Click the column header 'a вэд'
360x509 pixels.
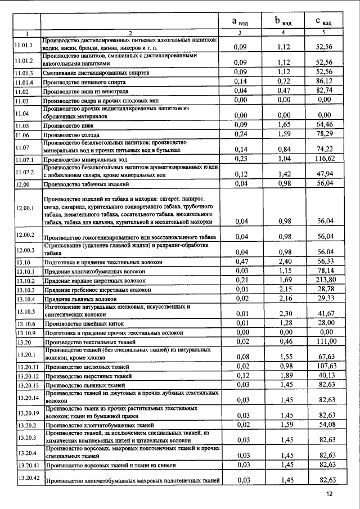[x=241, y=22]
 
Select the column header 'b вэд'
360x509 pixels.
[x=283, y=22]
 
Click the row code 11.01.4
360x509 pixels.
[x=24, y=82]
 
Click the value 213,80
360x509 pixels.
[x=325, y=280]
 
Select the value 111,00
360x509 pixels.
[x=325, y=341]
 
